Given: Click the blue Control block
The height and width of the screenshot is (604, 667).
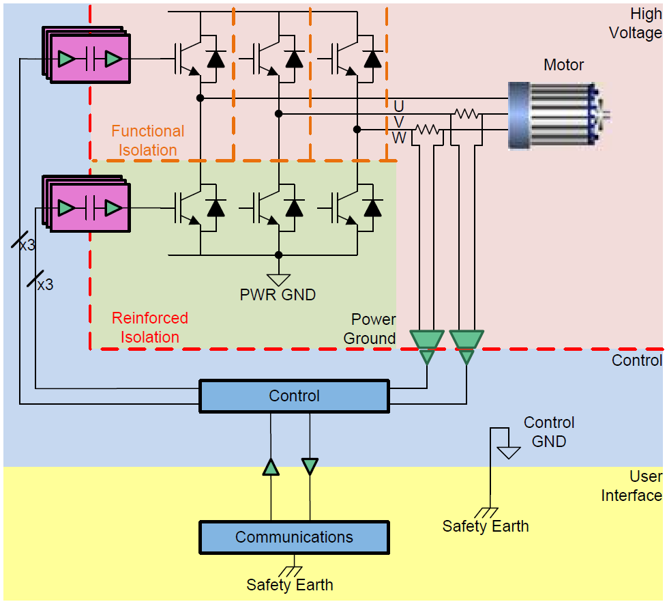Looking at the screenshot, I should pyautogui.click(x=294, y=397).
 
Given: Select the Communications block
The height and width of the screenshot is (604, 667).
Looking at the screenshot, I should pyautogui.click(x=294, y=537).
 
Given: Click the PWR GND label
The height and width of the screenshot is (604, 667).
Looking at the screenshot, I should pyautogui.click(x=278, y=295).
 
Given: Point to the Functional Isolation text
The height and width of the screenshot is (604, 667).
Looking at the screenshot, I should pyautogui.click(x=147, y=141).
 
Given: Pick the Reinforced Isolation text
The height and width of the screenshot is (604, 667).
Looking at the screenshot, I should pyautogui.click(x=149, y=328).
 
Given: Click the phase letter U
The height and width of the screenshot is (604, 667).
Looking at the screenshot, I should pyautogui.click(x=399, y=106).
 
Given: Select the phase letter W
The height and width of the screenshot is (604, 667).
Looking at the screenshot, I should pyautogui.click(x=399, y=138).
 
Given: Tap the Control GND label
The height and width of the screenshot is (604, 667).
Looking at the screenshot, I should pyautogui.click(x=549, y=432).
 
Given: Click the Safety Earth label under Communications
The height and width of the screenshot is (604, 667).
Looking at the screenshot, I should pyautogui.click(x=290, y=585).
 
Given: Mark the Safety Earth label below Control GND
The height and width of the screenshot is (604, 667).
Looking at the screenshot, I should pyautogui.click(x=486, y=526).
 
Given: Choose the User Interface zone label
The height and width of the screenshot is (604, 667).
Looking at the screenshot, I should pyautogui.click(x=632, y=486).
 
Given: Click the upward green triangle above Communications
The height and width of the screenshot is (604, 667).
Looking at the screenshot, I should pyautogui.click(x=271, y=467).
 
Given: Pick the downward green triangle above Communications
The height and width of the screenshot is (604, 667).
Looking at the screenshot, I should pyautogui.click(x=310, y=467).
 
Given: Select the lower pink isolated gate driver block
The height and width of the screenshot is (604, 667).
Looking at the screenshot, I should pyautogui.click(x=89, y=207).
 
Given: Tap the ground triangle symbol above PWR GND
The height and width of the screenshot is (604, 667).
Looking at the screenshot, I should pyautogui.click(x=278, y=280).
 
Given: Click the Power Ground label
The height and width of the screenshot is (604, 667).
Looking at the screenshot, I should pyautogui.click(x=370, y=329).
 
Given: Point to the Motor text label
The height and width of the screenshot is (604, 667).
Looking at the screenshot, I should pyautogui.click(x=563, y=66).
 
